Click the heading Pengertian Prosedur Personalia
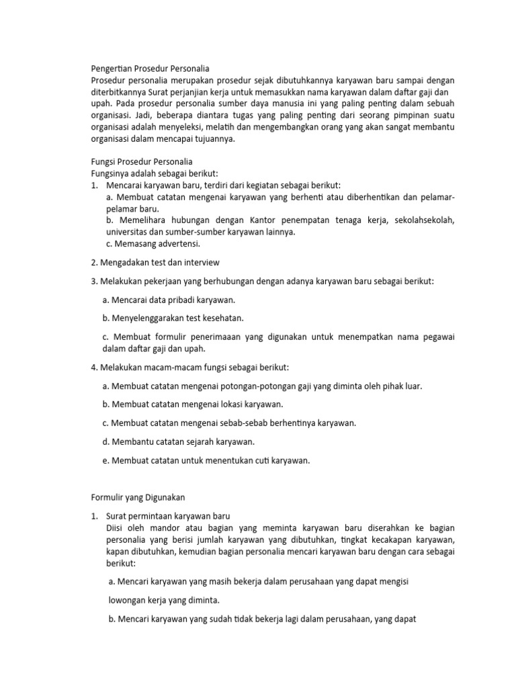click(150, 68)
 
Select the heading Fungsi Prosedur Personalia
click(141, 161)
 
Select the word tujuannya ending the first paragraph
click(212, 139)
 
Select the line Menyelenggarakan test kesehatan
click(173, 317)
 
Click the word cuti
click(256, 460)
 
